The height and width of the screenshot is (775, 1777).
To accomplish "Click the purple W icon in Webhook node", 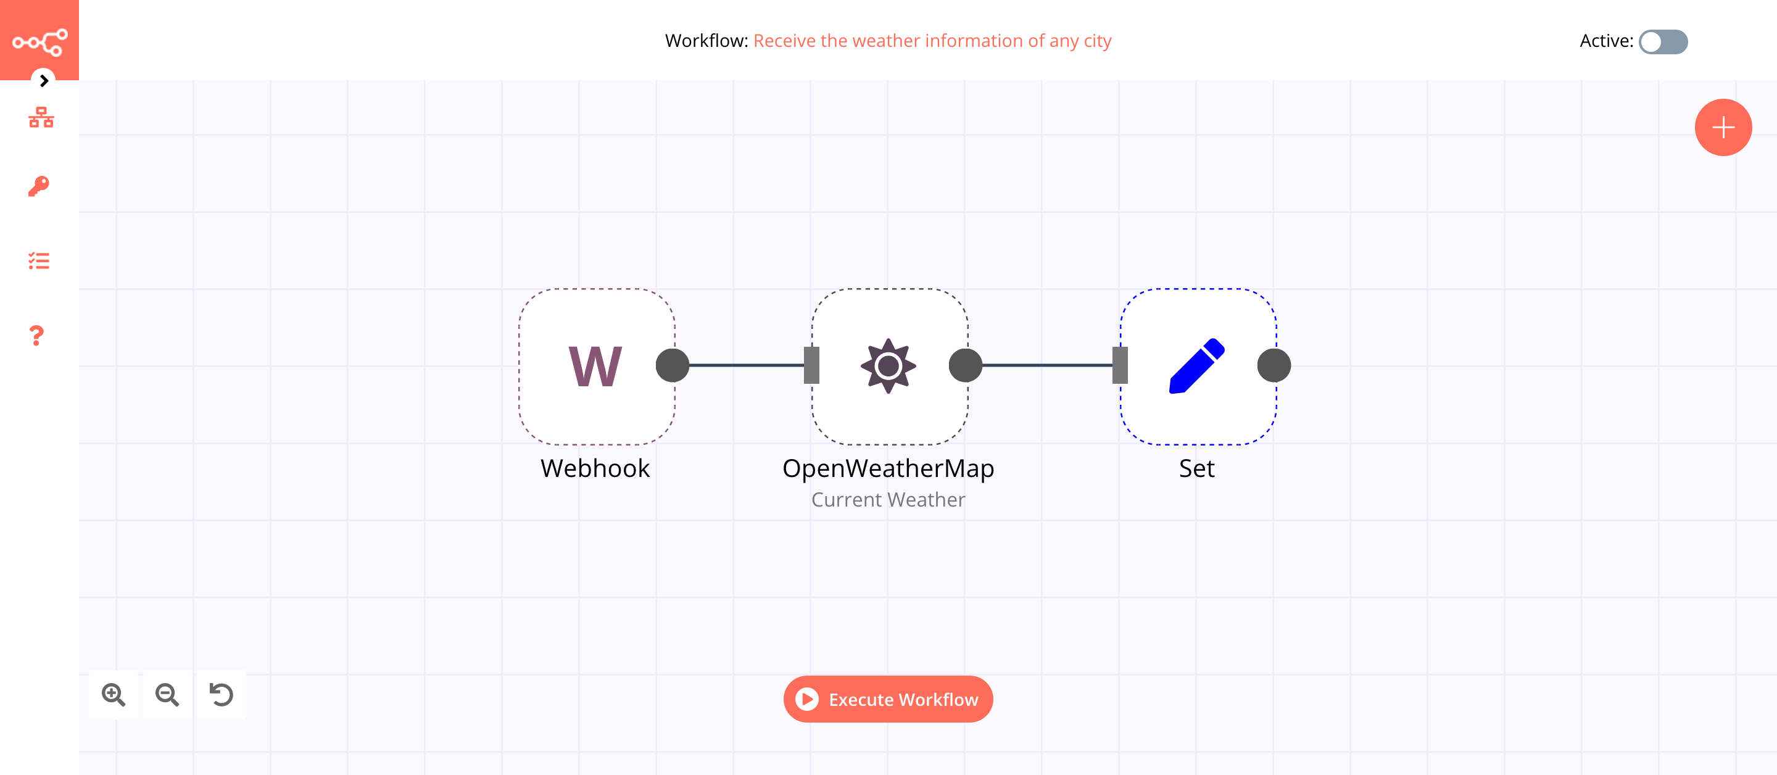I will click(x=595, y=367).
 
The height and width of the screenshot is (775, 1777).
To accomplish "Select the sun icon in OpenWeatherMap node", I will click(x=888, y=366).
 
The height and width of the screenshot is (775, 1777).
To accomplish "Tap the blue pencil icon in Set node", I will click(x=1196, y=366).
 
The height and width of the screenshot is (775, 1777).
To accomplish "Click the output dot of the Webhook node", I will click(x=672, y=366).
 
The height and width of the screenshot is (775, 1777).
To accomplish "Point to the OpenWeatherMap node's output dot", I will click(x=965, y=366).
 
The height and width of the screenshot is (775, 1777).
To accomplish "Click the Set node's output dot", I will click(x=1274, y=366).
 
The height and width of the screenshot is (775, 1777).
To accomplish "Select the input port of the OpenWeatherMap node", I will click(x=812, y=366).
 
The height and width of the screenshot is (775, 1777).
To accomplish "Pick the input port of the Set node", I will click(x=1120, y=366).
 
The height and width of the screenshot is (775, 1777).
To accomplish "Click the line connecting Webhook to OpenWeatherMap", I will click(x=745, y=365).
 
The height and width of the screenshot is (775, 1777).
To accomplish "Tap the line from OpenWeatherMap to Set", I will click(x=1046, y=365).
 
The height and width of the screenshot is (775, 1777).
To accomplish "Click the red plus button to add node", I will click(x=1723, y=128).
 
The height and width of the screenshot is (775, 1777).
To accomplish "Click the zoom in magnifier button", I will click(x=113, y=694).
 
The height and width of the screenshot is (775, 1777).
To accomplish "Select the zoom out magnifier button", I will click(x=167, y=694).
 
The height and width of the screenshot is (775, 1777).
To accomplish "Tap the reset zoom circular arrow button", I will click(x=222, y=694).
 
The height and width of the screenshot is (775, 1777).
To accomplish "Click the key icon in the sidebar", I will click(x=39, y=186).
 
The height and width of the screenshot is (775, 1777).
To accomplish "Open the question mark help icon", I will click(x=36, y=336).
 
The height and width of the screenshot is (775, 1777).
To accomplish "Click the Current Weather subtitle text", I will click(x=888, y=500).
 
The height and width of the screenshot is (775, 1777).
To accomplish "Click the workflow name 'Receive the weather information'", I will click(x=932, y=41).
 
